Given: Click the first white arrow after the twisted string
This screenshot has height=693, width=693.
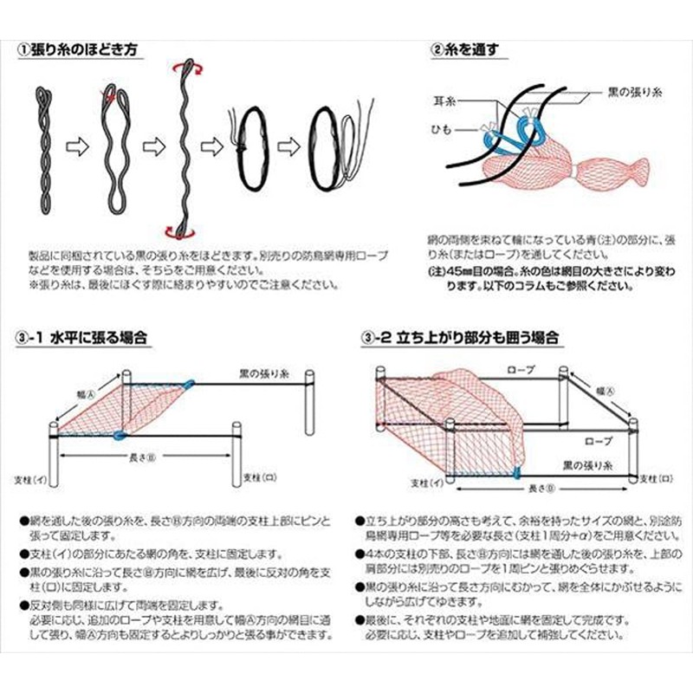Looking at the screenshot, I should click(x=77, y=148).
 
